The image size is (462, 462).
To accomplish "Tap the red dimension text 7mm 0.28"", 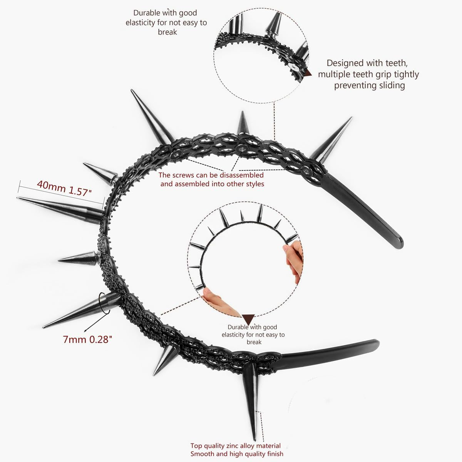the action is click(x=87, y=339).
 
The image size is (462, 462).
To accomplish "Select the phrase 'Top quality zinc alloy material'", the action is click(x=235, y=446).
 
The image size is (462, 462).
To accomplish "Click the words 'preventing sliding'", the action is click(x=369, y=85).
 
